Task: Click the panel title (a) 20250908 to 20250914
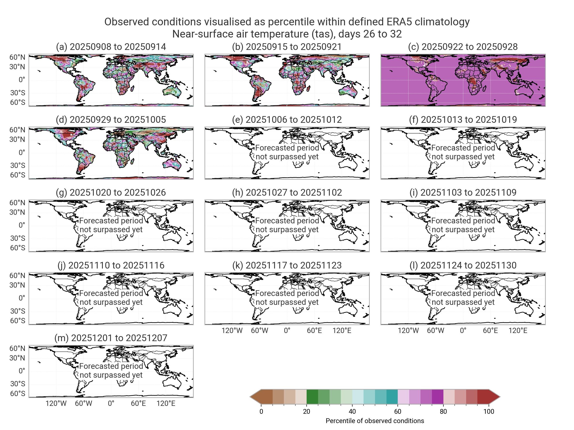pyautogui.click(x=111, y=47)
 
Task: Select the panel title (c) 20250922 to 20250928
pyautogui.click(x=463, y=47)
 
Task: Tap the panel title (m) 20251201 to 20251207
pyautogui.click(x=111, y=338)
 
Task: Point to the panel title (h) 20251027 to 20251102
pyautogui.click(x=287, y=193)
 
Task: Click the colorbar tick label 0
pyautogui.click(x=261, y=412)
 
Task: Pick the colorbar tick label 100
pyautogui.click(x=489, y=412)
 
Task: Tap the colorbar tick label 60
pyautogui.click(x=397, y=412)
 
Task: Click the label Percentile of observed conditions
pyautogui.click(x=375, y=421)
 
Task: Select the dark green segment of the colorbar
pyautogui.click(x=312, y=397)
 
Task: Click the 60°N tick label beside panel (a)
pyautogui.click(x=17, y=57)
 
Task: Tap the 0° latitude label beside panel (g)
pyautogui.click(x=22, y=225)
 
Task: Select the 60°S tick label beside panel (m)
pyautogui.click(x=18, y=394)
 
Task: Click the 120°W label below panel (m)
pyautogui.click(x=56, y=403)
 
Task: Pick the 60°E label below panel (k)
pyautogui.click(x=314, y=331)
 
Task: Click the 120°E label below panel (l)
pyautogui.click(x=518, y=331)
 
